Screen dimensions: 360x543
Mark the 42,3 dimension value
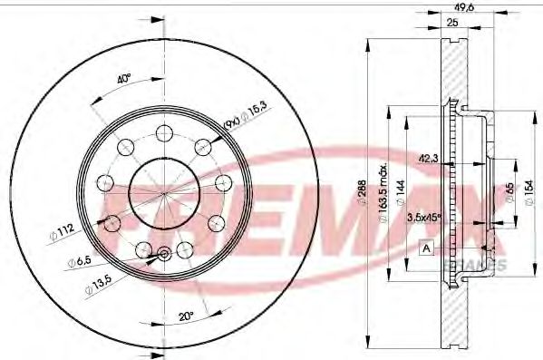(431, 159)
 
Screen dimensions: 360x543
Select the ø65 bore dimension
(509, 191)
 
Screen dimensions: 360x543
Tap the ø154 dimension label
(529, 191)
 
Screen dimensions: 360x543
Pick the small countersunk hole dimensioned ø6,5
(164, 255)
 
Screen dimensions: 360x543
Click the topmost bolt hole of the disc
(164, 133)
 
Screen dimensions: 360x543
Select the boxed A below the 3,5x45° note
(424, 247)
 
